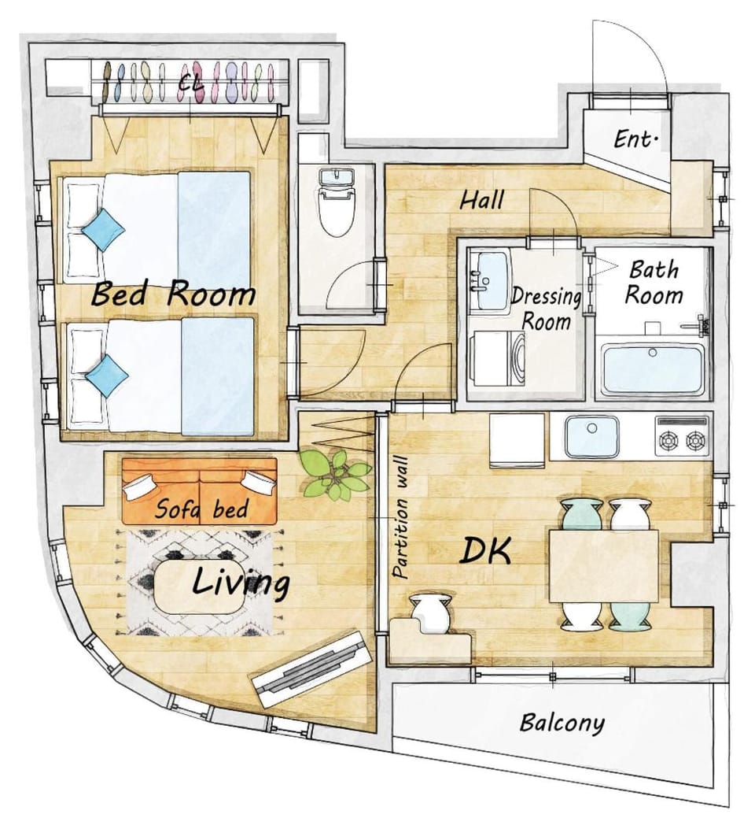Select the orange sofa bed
(200, 491)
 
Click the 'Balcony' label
(562, 724)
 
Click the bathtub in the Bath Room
(654, 369)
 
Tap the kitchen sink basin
(592, 437)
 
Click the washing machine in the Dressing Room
(497, 358)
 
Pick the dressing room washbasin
(488, 279)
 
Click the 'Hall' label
(481, 200)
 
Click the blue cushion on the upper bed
(104, 229)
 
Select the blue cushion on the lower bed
(107, 376)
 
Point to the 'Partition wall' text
(401, 517)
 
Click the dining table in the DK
(603, 566)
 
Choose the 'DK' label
(485, 551)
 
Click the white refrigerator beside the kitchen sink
(517, 440)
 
